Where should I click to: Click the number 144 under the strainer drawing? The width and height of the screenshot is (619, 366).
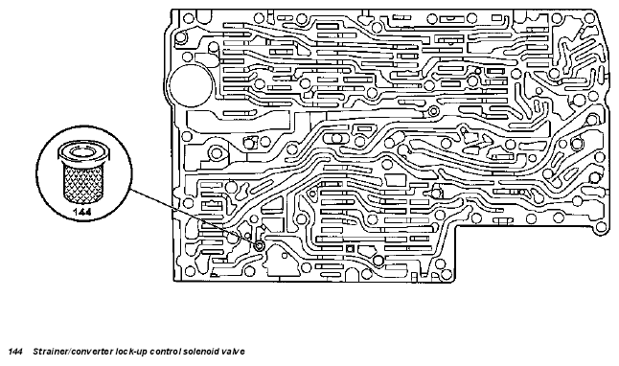click(x=82, y=212)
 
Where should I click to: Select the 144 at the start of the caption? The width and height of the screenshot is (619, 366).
click(x=15, y=352)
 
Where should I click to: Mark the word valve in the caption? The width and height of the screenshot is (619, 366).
click(x=233, y=352)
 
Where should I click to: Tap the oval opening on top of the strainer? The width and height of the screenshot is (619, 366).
click(x=83, y=150)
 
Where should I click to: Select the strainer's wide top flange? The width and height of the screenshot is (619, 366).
click(x=83, y=153)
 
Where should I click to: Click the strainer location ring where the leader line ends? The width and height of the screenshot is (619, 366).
click(x=260, y=245)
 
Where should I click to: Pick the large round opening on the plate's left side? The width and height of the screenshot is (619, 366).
click(x=192, y=85)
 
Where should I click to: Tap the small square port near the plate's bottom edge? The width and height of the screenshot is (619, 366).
click(x=349, y=249)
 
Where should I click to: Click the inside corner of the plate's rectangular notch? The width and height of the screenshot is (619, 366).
click(x=457, y=225)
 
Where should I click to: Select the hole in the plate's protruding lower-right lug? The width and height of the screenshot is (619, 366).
click(x=601, y=227)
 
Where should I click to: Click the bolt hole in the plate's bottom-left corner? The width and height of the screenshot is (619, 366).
click(x=191, y=271)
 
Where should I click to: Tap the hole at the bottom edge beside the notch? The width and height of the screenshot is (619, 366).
click(x=447, y=273)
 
